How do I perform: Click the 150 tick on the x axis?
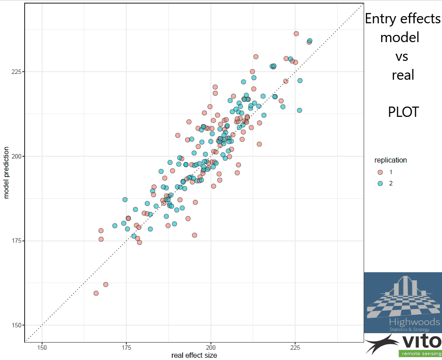42,347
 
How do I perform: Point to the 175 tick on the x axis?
126,347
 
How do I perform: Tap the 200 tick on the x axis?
211,347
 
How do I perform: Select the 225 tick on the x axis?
295,347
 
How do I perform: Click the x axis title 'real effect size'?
194,356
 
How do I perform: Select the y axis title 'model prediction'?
6,168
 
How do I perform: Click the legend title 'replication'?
391,160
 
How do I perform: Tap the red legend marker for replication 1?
380,172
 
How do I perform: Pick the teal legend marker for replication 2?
380,183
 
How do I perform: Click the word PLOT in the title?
403,112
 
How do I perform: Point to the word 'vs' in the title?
402,57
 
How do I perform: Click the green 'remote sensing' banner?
420,354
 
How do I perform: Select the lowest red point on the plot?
96,293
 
